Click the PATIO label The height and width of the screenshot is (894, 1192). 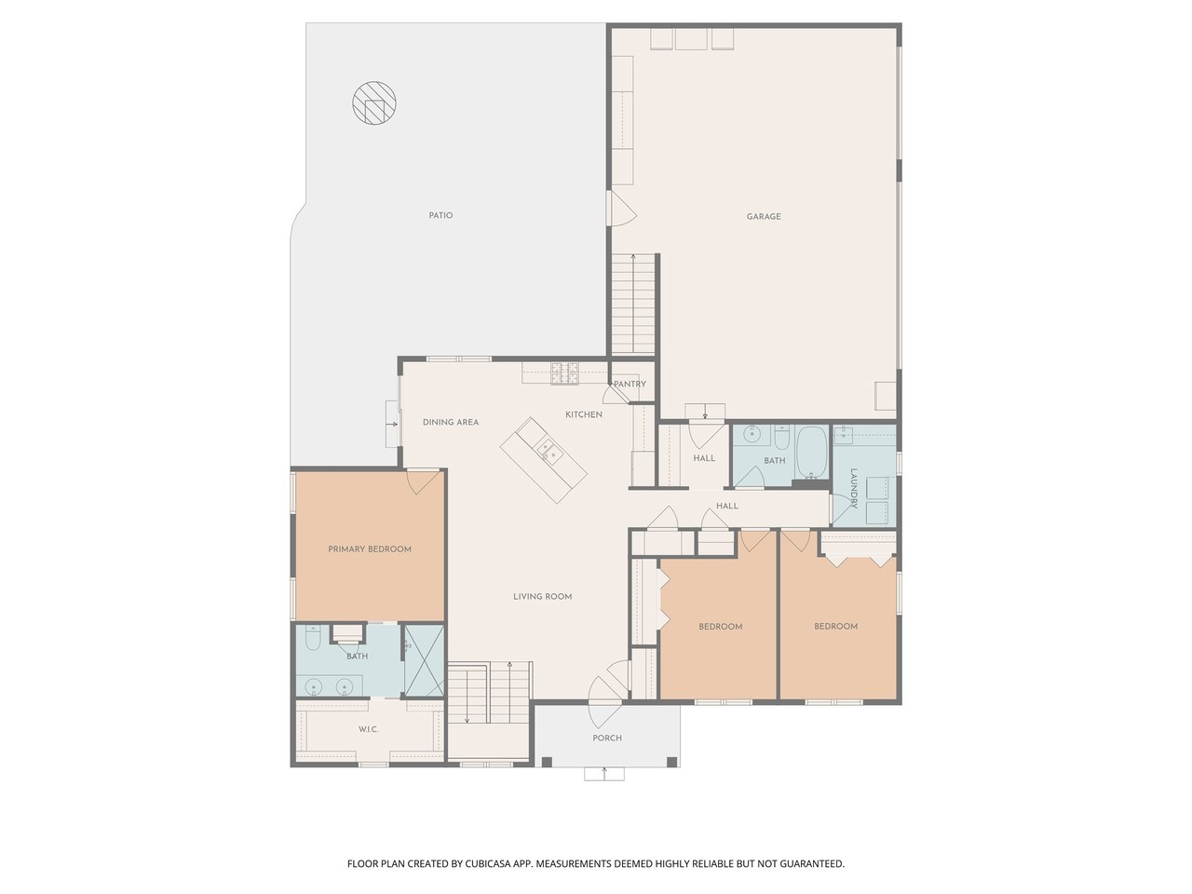point(440,215)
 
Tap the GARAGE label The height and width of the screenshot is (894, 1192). point(764,216)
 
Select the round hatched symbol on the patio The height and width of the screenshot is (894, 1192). point(374,104)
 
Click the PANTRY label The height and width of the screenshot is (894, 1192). point(630,384)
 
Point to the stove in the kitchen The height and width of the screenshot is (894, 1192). point(564,373)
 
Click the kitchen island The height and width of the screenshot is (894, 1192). point(545,459)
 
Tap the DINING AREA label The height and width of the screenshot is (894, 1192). point(451,422)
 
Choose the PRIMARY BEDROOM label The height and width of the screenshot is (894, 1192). point(370,549)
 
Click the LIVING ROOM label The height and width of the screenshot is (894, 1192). point(543,596)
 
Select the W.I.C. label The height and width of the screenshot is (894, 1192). point(368,728)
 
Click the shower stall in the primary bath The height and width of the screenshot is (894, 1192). point(423,660)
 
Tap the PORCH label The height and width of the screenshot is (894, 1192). point(607,738)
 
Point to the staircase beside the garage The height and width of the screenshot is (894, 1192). point(634,304)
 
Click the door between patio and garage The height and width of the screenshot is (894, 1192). point(619,209)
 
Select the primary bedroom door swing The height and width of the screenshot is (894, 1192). point(422,481)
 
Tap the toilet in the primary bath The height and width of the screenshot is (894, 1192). point(314,641)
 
